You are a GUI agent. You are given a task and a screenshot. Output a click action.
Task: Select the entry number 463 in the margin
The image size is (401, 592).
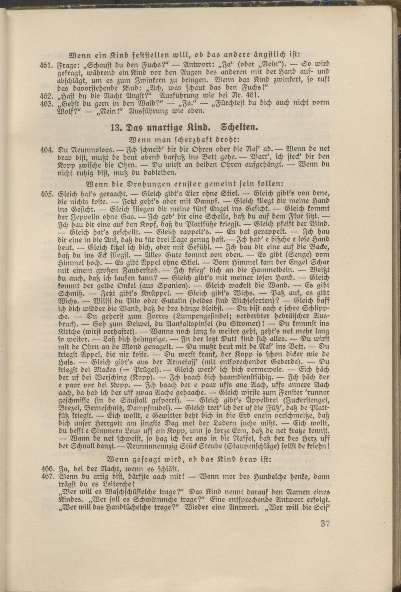46,104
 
